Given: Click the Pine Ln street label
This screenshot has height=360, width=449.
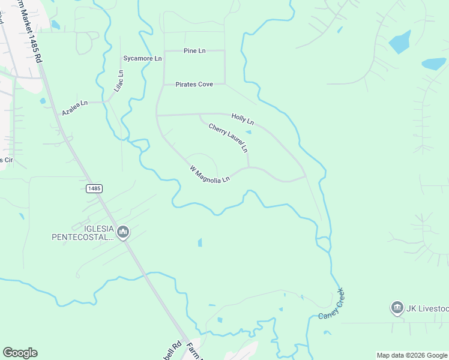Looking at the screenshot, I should click(194, 51).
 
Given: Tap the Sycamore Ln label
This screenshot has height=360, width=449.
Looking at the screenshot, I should click(142, 59).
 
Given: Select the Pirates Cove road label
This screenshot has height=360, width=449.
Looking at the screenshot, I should click(194, 85).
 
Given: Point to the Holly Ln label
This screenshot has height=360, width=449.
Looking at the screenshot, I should click(243, 118).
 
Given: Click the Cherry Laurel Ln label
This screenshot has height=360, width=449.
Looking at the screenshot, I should click(228, 137).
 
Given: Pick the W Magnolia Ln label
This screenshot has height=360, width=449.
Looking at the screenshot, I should click(210, 175).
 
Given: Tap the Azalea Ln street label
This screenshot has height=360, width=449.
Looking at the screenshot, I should click(75, 108).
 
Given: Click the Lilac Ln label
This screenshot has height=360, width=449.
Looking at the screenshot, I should click(119, 81).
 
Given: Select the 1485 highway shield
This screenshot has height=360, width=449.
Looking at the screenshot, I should click(94, 188).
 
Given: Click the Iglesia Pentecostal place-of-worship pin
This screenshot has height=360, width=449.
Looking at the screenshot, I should click(123, 232).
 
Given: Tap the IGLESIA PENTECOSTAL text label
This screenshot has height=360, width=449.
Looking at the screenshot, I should click(83, 233).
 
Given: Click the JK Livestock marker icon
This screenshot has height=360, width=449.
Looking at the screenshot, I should click(397, 308).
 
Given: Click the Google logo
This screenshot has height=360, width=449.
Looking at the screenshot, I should click(20, 353).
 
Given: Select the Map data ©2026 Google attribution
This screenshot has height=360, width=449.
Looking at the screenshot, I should click(412, 355).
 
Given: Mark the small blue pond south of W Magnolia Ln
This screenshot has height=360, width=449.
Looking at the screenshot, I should click(200, 242).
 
